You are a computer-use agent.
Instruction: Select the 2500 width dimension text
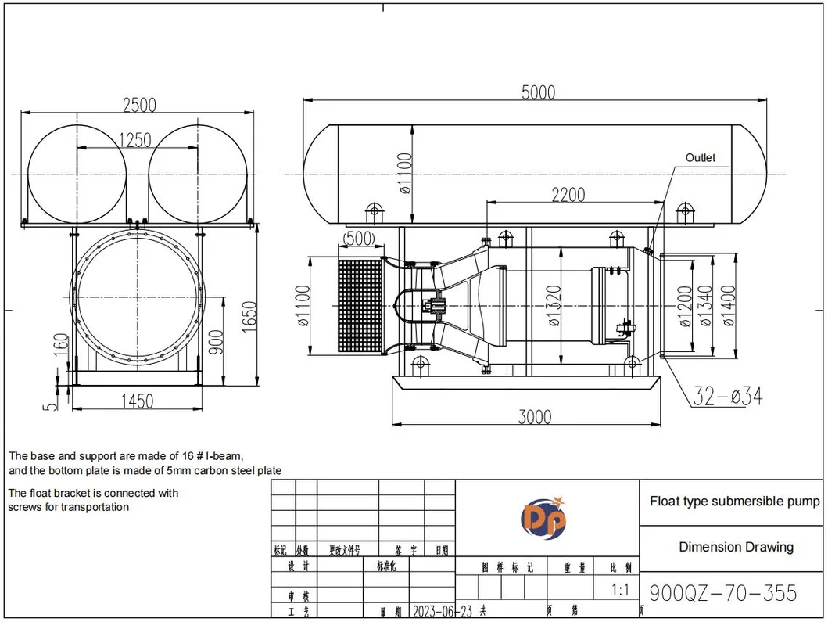click(x=139, y=104)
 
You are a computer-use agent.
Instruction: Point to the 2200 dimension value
click(x=568, y=194)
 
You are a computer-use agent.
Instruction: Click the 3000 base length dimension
click(x=535, y=417)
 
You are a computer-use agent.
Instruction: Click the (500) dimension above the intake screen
click(x=359, y=238)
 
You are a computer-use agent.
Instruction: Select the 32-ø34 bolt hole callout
click(x=727, y=397)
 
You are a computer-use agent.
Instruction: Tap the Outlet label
click(x=700, y=158)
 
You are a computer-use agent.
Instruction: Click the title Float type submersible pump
click(x=734, y=502)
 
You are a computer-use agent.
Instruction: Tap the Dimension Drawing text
click(x=735, y=547)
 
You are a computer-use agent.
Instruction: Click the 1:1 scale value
click(x=620, y=590)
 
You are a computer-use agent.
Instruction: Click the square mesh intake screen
click(x=359, y=304)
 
